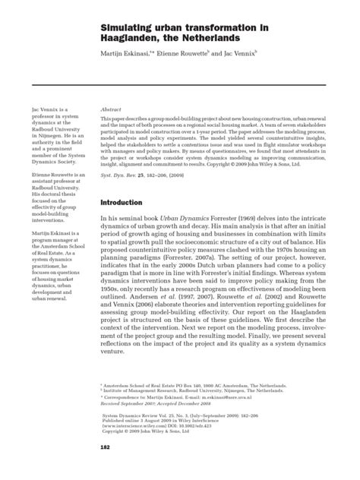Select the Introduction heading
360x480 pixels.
pos(123,203)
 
